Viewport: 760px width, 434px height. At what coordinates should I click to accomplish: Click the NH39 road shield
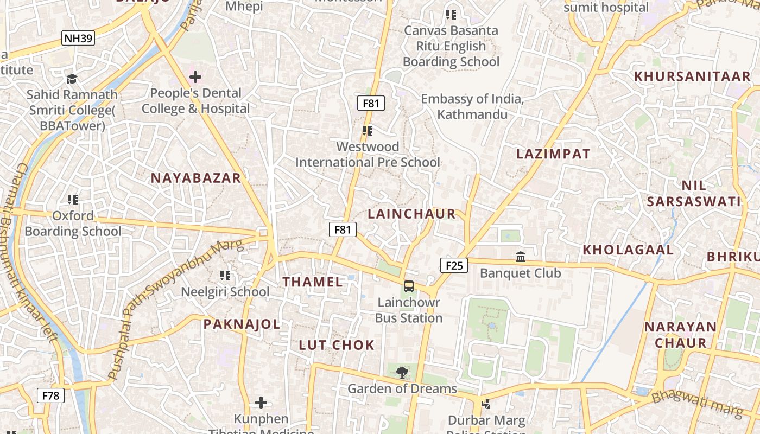coord(79,38)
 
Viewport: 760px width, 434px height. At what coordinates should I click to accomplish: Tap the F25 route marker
coord(453,265)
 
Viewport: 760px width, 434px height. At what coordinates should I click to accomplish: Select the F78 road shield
coord(50,395)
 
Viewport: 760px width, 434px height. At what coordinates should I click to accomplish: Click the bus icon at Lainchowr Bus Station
coord(409,286)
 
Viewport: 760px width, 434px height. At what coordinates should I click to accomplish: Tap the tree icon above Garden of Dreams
coord(402,372)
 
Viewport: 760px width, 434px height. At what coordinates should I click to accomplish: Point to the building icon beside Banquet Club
coord(521,256)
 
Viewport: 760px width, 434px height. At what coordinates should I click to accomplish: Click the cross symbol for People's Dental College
coord(195,77)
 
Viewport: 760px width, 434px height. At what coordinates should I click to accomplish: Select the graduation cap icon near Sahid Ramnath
coord(72,79)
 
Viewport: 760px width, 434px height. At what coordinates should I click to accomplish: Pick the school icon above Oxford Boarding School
coord(73,200)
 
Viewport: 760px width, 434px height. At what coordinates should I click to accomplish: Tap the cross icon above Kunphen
coord(261,403)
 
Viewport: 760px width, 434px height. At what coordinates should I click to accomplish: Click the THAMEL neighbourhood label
coord(313,282)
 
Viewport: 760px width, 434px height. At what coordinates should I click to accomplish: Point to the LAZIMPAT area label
coord(553,154)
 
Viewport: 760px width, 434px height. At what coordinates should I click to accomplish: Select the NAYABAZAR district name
coord(195,178)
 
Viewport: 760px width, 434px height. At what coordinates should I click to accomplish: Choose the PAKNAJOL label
coord(242,324)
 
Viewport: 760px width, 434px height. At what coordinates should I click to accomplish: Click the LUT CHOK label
coord(337,345)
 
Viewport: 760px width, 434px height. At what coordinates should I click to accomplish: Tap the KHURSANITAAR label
coord(692,76)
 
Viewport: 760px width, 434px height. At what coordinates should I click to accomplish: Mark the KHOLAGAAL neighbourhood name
coord(628,250)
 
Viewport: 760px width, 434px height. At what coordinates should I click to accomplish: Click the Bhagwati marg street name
coord(697,404)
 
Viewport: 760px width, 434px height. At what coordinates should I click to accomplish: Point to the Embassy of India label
coord(472,106)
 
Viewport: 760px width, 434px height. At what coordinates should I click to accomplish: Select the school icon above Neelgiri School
coord(225,276)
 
